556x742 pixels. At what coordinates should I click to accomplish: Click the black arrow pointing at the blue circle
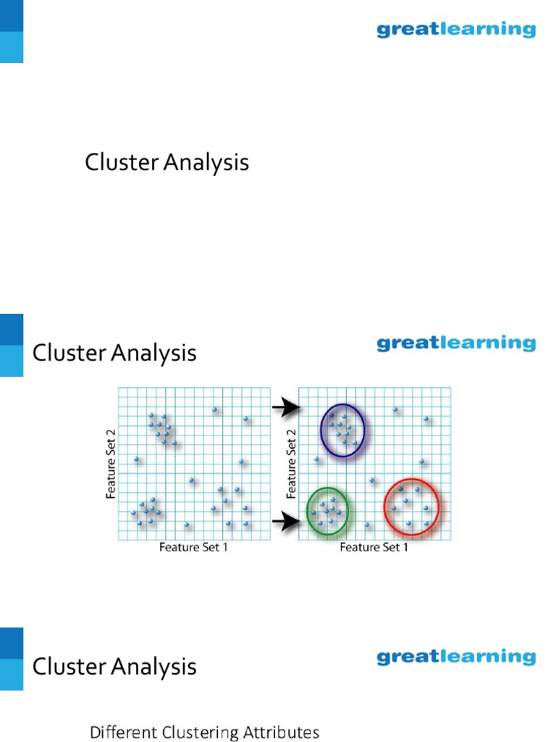[287, 409]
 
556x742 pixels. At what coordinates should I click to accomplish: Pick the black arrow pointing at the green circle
[287, 521]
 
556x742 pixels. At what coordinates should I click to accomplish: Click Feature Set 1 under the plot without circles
[193, 548]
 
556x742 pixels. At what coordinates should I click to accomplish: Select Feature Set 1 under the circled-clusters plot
[374, 548]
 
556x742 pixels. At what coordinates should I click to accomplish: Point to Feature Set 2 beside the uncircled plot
[111, 464]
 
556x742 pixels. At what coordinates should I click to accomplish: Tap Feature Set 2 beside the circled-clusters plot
[292, 464]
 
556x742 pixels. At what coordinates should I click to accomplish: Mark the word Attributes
[281, 733]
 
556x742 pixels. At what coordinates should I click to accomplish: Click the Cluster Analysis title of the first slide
[167, 162]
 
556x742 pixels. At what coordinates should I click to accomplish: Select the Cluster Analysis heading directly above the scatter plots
[114, 354]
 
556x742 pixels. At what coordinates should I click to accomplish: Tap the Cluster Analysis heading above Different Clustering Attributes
[114, 667]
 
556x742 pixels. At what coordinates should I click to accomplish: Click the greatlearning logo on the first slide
[456, 30]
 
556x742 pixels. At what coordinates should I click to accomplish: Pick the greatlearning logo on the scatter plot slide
[456, 343]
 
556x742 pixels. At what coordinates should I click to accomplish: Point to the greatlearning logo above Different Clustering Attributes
[456, 657]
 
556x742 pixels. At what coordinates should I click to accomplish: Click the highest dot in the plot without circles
[215, 410]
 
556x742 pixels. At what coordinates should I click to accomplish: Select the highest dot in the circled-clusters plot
[395, 410]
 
